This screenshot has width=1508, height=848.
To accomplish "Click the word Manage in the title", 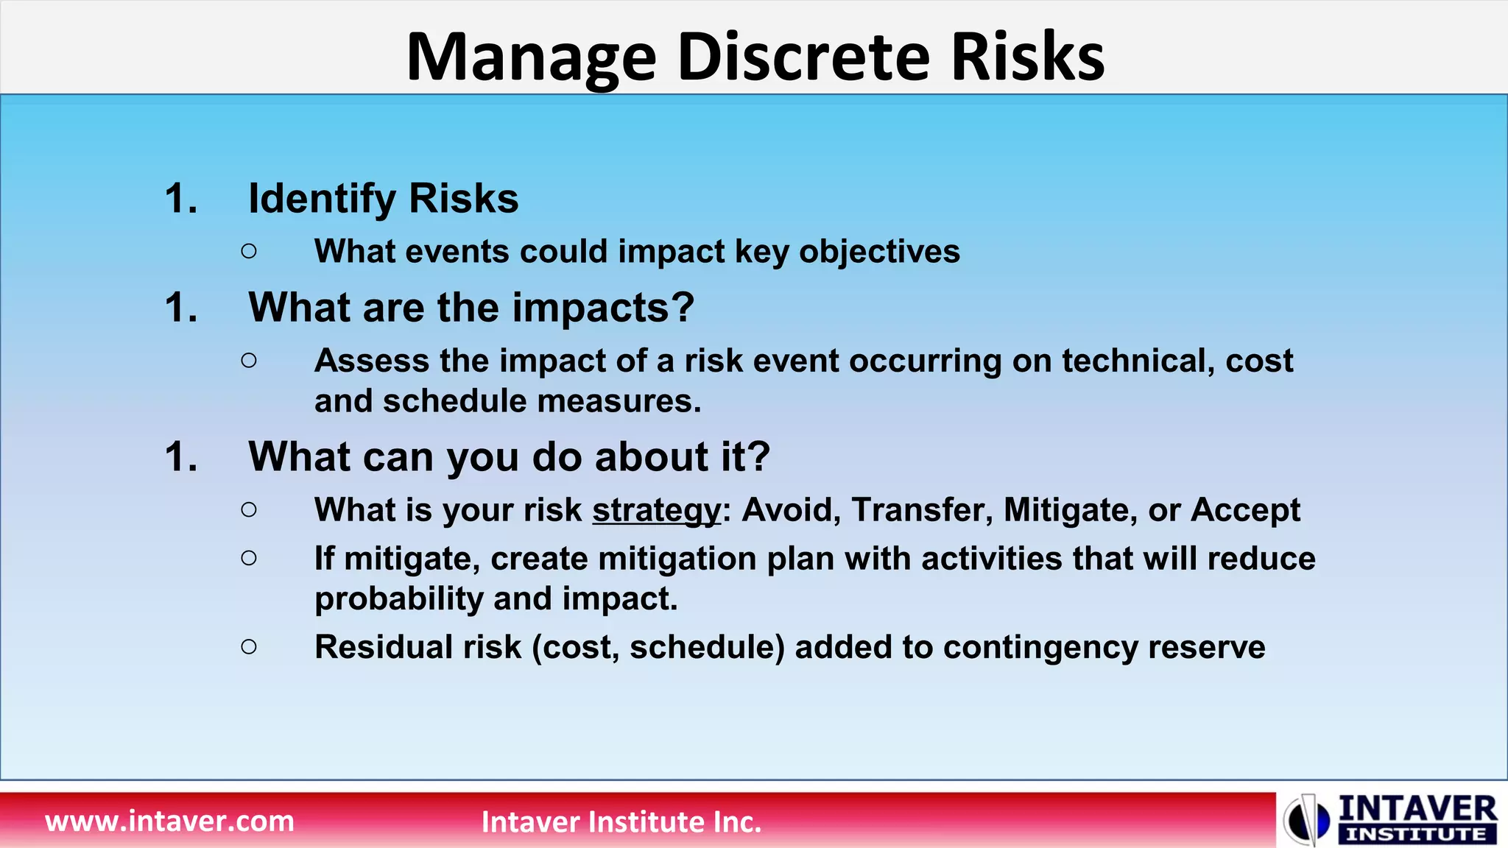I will click(x=531, y=59).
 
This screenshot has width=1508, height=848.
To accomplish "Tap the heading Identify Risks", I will click(x=383, y=199).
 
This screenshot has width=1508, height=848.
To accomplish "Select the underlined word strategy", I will click(x=657, y=510).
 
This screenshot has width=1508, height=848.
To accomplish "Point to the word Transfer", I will click(x=922, y=510).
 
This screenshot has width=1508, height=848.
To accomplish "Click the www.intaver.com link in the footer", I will click(x=169, y=821).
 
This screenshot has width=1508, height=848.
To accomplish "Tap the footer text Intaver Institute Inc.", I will click(x=621, y=821).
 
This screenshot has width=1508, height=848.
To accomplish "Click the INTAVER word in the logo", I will click(x=1417, y=809).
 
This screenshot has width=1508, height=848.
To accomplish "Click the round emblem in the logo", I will click(x=1306, y=819).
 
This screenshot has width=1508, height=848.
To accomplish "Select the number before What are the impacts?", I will click(x=180, y=308).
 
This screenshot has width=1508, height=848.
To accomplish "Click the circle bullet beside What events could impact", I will click(x=249, y=252).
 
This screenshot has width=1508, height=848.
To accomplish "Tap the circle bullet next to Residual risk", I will click(x=249, y=647).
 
